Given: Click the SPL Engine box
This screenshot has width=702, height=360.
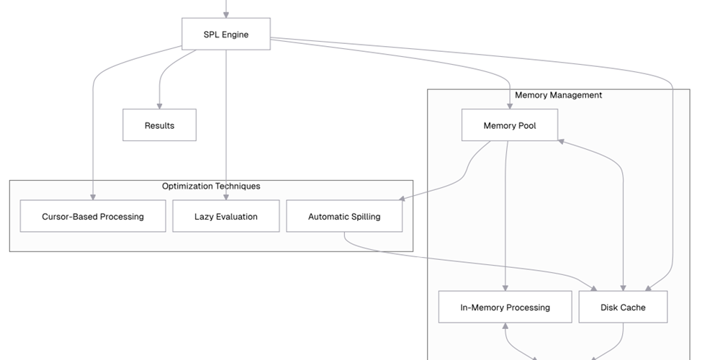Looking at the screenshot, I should click(225, 34).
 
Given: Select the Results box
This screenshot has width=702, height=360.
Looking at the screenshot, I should click(159, 125).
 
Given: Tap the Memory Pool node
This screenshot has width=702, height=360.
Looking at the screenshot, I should click(509, 125).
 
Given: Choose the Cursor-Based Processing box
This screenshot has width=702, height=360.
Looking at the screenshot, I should click(92, 216).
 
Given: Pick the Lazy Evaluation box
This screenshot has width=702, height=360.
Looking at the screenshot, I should click(225, 216).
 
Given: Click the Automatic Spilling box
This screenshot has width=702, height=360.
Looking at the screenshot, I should click(344, 216).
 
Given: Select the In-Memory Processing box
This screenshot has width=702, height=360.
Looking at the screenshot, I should click(505, 307).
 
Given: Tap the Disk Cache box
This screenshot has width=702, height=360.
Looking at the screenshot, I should click(623, 307).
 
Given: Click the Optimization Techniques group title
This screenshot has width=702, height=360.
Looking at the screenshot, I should click(211, 186).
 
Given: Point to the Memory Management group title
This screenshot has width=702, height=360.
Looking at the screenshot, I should click(558, 95).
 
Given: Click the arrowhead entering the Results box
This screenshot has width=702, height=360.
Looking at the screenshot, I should click(159, 105).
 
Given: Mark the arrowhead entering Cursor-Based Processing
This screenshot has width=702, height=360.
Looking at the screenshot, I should click(92, 197).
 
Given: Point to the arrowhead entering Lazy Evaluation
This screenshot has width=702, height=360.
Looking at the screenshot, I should click(225, 197).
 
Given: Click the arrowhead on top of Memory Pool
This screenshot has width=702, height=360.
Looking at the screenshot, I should click(509, 105).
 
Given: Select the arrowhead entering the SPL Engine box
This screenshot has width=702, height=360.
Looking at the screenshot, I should click(225, 14).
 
